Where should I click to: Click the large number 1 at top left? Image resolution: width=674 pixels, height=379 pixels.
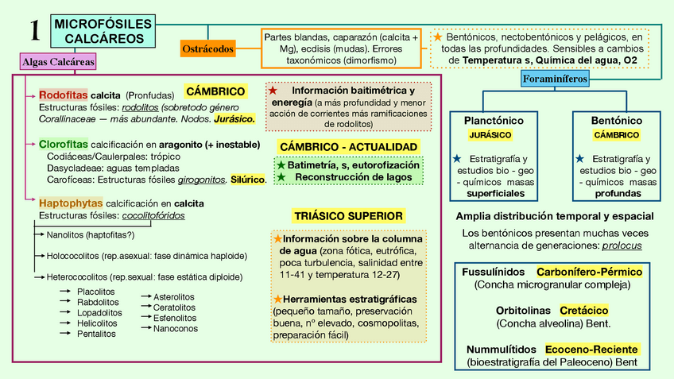[34, 31]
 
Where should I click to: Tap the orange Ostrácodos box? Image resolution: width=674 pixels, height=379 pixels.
[208, 48]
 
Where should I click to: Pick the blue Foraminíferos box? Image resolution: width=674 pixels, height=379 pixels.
[556, 79]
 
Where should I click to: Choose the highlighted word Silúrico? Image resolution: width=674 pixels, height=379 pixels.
[247, 180]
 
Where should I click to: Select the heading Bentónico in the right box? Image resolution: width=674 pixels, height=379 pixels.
[617, 120]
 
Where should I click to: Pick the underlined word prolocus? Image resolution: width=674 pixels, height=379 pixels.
[622, 246]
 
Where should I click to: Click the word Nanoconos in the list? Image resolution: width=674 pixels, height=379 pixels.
[176, 328]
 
